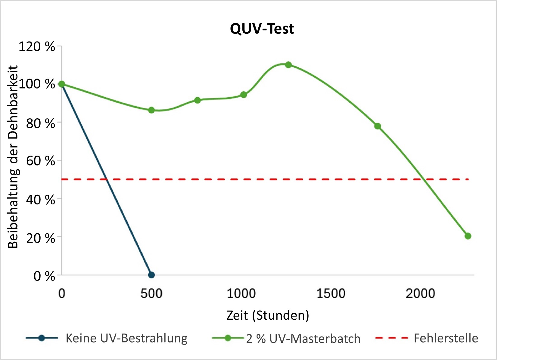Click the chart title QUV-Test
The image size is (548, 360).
pos(262,29)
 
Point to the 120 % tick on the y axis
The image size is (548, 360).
pos(37,47)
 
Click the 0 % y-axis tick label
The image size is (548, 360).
pos(44,276)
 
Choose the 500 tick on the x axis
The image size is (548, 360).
pos(151,293)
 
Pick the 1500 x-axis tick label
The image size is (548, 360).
pos(331,293)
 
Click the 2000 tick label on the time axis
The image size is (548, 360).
pos(420,293)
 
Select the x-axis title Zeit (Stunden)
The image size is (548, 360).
pos(268,315)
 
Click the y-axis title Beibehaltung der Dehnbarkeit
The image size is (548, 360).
pos(13,157)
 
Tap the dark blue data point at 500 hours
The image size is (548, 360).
pos(151,275)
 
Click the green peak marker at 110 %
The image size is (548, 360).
pos(288,65)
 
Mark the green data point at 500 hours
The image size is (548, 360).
pos(151,110)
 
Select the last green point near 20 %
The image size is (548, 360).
pos(468,236)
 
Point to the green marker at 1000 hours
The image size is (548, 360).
pos(244,95)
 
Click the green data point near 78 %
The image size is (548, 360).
pos(378,126)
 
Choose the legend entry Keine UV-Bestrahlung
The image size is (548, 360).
pos(126,338)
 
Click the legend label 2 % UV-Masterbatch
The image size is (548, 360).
pos(303,339)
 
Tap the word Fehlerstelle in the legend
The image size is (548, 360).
pos(446,338)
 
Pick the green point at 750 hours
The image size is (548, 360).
pos(198,100)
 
